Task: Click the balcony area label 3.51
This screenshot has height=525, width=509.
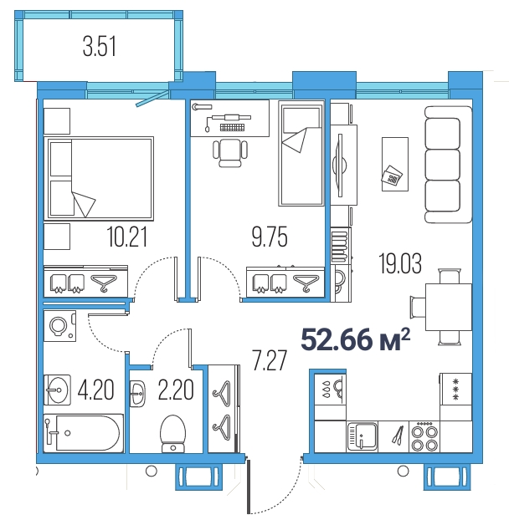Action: point(100,47)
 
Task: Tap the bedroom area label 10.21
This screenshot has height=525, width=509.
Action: point(127,237)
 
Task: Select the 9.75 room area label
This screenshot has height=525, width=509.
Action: point(270,237)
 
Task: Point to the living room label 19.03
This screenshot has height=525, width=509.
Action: point(400,263)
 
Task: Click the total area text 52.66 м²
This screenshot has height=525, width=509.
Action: point(356,339)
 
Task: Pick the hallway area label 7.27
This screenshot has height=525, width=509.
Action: point(270,360)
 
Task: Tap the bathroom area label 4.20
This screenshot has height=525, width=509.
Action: point(96,390)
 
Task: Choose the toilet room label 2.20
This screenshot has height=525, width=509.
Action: point(176,390)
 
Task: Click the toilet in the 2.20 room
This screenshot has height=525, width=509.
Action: point(173,434)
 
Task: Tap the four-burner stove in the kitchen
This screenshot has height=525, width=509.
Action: point(424,436)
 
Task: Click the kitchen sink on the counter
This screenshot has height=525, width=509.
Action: point(362,436)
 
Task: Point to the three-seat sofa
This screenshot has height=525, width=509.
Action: point(449,165)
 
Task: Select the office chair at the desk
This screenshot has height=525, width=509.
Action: point(230,153)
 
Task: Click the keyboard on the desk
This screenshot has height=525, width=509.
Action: point(232,127)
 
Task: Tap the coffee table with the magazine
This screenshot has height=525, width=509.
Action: point(395,164)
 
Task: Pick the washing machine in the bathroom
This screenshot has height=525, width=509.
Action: point(60,326)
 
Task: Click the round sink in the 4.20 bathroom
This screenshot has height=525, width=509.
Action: point(57,390)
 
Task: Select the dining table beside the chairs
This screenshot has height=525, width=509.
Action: point(449,307)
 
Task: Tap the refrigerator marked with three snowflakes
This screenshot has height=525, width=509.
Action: point(456,389)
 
